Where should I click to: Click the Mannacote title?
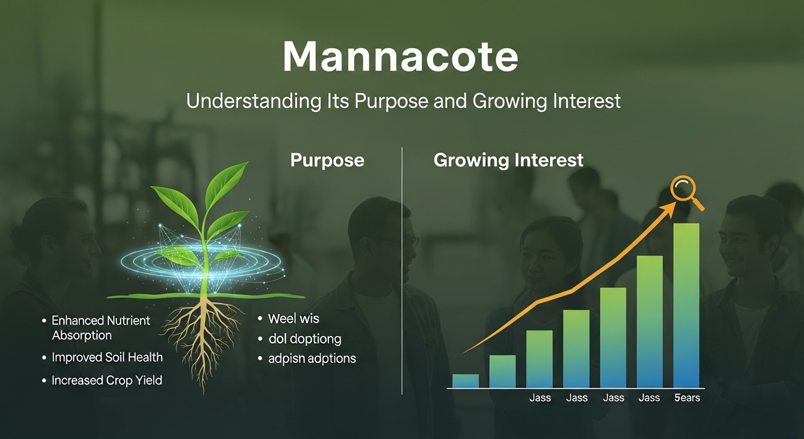click(x=401, y=57)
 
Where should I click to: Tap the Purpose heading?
click(x=327, y=160)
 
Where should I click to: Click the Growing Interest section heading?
click(x=508, y=160)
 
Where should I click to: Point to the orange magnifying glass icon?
click(x=684, y=191)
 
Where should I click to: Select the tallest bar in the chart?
click(x=686, y=305)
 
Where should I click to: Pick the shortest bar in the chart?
click(x=465, y=381)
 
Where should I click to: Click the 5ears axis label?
click(x=686, y=398)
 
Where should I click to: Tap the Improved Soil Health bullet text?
click(x=107, y=357)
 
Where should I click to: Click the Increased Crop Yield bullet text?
click(x=107, y=380)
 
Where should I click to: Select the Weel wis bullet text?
click(x=294, y=318)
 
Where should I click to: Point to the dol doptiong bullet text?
click(x=304, y=339)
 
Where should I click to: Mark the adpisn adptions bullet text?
click(x=312, y=359)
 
